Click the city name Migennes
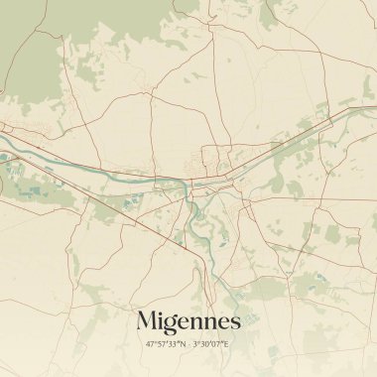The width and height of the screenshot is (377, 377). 188,321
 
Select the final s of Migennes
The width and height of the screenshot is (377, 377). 234,323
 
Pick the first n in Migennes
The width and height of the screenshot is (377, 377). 198,323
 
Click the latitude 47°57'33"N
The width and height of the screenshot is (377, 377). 166,344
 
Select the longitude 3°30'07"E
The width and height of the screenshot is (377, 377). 212,344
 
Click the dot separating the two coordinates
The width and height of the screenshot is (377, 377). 189,344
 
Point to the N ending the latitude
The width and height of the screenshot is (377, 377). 183,344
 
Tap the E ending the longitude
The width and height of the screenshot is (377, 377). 227,344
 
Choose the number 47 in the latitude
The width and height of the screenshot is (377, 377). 151,344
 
